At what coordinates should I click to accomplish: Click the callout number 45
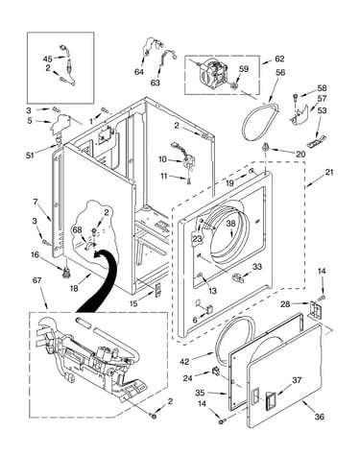[x=47, y=60]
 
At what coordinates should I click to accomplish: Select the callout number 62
[x=279, y=59]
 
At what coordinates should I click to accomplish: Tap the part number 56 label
[x=280, y=73]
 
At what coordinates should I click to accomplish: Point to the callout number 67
[x=37, y=280]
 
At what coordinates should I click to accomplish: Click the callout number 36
[x=319, y=417]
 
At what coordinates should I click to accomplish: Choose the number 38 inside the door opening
[x=230, y=224]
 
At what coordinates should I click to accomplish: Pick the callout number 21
[x=329, y=172]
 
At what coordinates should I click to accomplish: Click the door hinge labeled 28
[x=314, y=309]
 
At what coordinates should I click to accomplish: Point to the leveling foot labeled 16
[x=66, y=272]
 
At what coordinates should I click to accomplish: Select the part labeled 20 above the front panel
[x=265, y=148]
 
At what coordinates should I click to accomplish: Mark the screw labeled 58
[x=296, y=96]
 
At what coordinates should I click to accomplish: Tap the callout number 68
[x=77, y=229]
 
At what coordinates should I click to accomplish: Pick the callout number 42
[x=184, y=362]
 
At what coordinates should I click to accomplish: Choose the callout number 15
[x=133, y=303]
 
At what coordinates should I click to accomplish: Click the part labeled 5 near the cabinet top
[x=60, y=124]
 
